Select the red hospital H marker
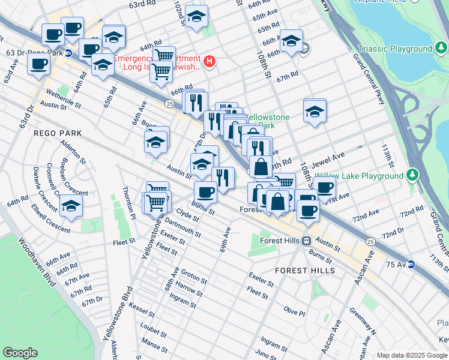[x=209, y=61]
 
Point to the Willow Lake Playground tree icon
[x=412, y=176]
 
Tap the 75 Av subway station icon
[x=411, y=264]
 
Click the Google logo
[x=20, y=352]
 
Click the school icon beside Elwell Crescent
[x=71, y=205]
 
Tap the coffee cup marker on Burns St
[x=205, y=192]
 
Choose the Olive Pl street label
[x=294, y=312]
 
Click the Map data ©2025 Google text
[x=412, y=355]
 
